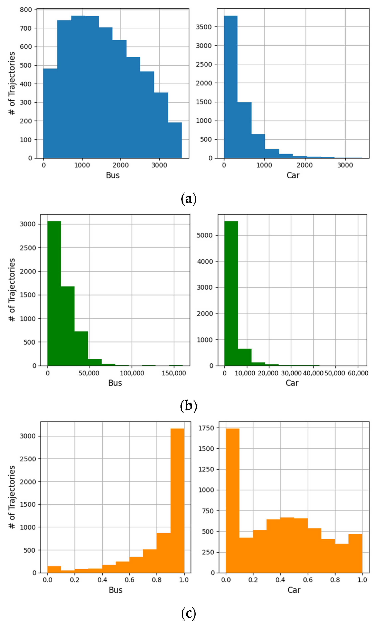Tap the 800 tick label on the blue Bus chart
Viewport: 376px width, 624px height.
(26, 10)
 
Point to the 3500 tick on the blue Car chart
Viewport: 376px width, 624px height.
(204, 27)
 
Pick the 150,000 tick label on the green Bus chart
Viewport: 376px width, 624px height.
(174, 373)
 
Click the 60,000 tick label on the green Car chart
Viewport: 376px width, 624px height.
(358, 373)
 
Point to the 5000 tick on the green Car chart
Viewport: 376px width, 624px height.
(205, 235)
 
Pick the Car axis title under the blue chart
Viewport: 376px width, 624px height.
(293, 175)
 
